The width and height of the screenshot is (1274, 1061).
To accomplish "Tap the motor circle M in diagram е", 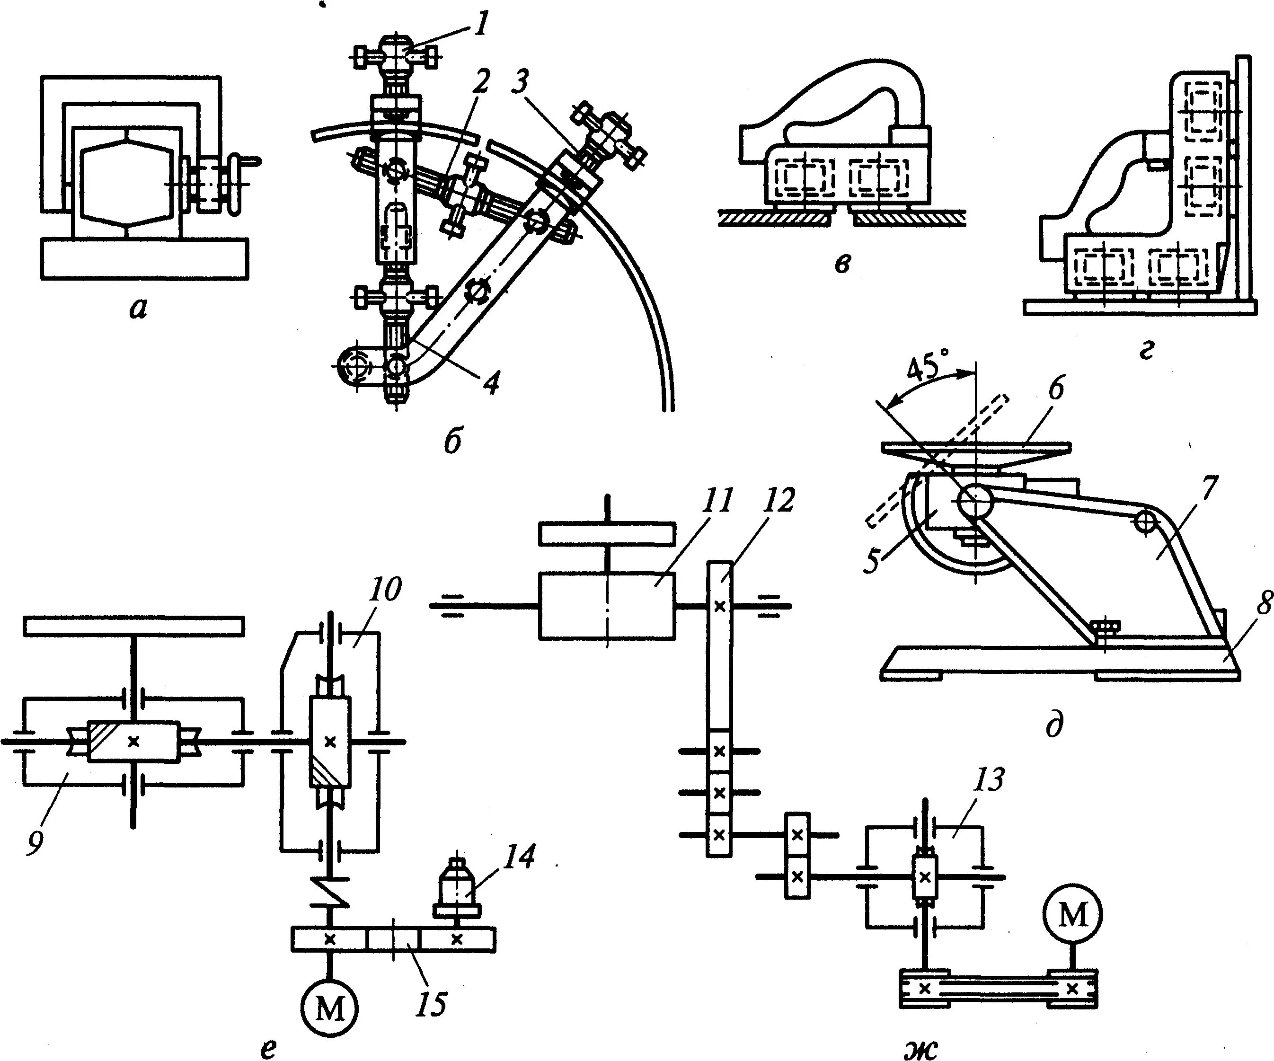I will [x=329, y=1008].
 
